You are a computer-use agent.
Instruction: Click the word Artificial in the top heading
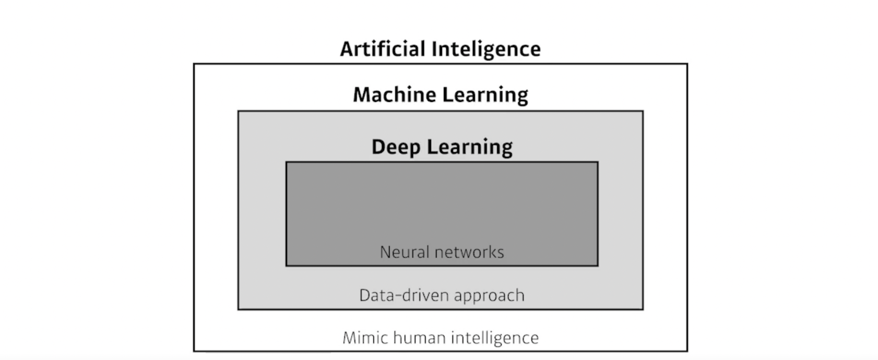click(382, 49)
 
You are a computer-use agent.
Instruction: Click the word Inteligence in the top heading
click(486, 49)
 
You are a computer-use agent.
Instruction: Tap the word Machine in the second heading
click(394, 94)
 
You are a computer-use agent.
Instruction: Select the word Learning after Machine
click(485, 95)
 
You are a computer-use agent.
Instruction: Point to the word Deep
click(395, 147)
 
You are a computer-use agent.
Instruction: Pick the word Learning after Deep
click(470, 147)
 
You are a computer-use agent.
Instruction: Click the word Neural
click(400, 252)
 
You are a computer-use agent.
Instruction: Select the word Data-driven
click(404, 295)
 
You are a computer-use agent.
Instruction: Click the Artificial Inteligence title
click(440, 49)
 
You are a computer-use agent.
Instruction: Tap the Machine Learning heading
click(440, 94)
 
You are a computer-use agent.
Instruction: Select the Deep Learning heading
click(442, 147)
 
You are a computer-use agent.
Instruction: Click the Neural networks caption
click(442, 252)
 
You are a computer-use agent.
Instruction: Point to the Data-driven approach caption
click(442, 295)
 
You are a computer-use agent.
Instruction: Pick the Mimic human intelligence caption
click(441, 338)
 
